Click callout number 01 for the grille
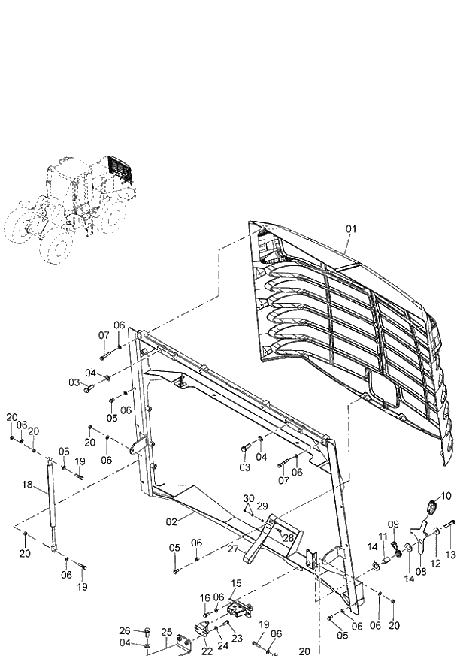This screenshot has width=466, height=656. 351,228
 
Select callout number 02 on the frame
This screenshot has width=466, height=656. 171,521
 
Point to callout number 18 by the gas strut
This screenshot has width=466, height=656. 28,487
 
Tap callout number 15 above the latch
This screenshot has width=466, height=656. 236,582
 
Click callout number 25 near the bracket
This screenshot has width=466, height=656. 167,631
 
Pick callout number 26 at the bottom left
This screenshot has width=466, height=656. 125,630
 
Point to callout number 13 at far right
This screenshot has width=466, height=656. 451,555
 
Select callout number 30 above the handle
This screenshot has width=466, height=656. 249,498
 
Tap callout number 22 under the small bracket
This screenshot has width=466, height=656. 207,651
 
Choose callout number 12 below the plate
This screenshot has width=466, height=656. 434,561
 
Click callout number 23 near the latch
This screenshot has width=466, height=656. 237,638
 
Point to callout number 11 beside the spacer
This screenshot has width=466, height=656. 382,537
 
